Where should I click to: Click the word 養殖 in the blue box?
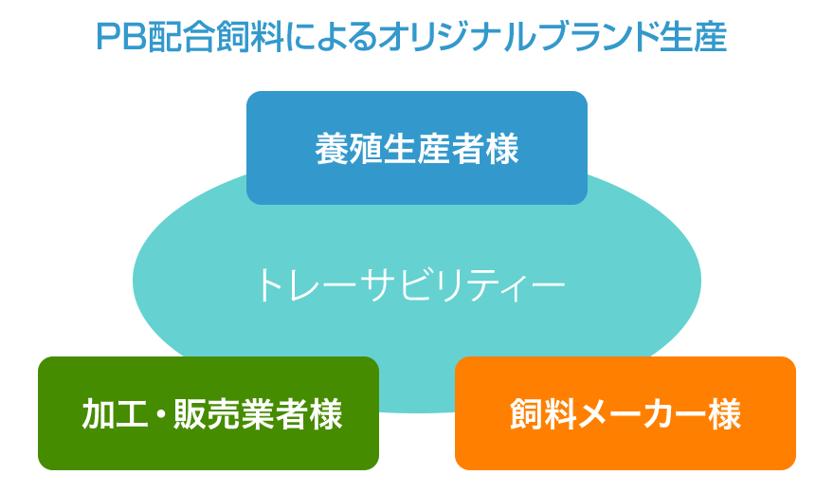pyautogui.click(x=349, y=149)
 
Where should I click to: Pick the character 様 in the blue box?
pyautogui.click(x=502, y=149)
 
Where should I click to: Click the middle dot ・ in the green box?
pyautogui.click(x=159, y=414)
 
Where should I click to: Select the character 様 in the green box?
pyautogui.click(x=325, y=414)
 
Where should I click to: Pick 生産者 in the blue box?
pyautogui.click(x=434, y=149)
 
